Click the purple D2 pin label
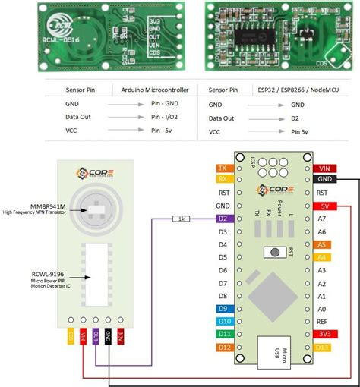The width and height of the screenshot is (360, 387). point(223,219)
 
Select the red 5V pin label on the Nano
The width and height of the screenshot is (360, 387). point(324,206)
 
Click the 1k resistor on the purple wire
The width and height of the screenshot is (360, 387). point(182,219)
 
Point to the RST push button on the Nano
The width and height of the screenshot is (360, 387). point(270,252)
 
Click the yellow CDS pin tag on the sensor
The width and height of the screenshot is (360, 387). point(71,334)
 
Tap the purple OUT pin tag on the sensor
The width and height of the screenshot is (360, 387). point(96,335)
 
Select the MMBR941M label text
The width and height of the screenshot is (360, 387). point(32,206)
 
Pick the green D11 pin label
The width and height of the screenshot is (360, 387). point(223,334)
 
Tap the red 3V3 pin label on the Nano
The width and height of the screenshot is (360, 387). point(324,334)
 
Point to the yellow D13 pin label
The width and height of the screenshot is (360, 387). point(324,347)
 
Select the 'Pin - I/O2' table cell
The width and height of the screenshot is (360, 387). point(162,118)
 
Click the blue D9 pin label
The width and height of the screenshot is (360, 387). point(223,309)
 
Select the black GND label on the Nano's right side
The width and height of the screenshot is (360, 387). point(324,180)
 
